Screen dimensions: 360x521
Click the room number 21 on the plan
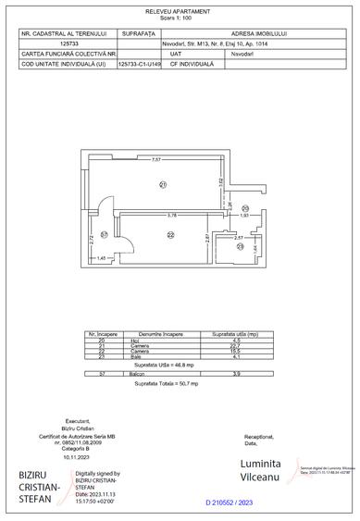(162, 185)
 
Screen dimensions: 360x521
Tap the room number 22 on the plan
(170, 235)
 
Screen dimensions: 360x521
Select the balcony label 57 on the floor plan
(105, 233)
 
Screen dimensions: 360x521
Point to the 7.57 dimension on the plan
(157, 161)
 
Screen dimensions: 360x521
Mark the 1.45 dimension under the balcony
(102, 257)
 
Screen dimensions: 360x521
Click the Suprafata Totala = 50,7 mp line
(180, 382)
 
